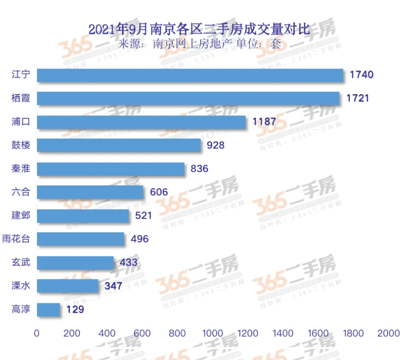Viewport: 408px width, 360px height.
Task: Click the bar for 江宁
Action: (x=189, y=75)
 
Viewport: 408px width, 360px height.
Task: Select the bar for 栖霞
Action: (x=188, y=98)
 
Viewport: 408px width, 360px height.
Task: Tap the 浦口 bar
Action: (x=141, y=122)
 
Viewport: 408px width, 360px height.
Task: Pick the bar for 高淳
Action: (x=48, y=310)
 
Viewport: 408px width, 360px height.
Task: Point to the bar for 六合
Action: (x=90, y=192)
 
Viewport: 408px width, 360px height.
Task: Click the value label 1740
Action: (x=362, y=75)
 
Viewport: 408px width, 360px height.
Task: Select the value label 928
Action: (x=215, y=145)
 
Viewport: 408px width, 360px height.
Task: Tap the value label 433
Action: (x=128, y=263)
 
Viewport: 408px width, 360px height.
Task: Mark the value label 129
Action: (x=75, y=310)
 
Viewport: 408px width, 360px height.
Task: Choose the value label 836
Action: (x=199, y=169)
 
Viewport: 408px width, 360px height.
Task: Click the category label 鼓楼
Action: (x=21, y=145)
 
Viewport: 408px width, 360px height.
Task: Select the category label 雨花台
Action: (x=16, y=239)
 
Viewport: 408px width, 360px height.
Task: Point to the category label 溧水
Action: (x=21, y=286)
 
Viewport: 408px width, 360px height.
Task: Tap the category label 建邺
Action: (x=21, y=216)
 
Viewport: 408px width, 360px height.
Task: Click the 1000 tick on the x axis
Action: (x=213, y=333)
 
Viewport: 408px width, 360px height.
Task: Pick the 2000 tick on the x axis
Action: (x=389, y=333)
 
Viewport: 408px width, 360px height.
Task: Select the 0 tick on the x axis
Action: (x=37, y=333)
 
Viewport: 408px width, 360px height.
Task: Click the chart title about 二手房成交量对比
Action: (x=199, y=29)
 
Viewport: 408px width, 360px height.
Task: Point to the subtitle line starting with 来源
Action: (x=199, y=44)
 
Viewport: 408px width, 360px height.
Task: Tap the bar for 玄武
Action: (x=75, y=263)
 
